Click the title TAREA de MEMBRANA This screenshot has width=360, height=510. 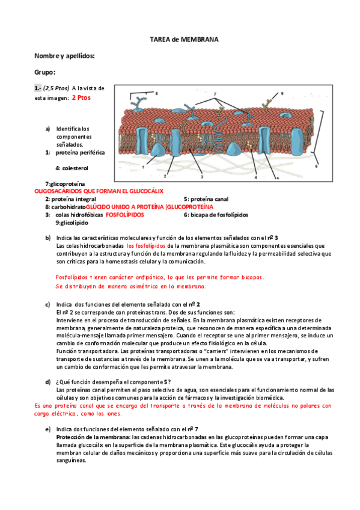pos(184,40)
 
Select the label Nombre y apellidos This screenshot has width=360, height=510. pos(64,56)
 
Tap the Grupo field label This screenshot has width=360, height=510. pos(45,72)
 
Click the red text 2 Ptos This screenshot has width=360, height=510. pos(81,97)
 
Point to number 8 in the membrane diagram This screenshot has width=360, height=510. pos(157,94)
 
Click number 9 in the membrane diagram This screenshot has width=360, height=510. pos(282,94)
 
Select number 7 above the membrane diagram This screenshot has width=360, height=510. pos(215,94)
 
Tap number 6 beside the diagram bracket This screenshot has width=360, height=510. pos(316,166)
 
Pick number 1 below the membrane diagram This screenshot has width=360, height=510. pos(143,167)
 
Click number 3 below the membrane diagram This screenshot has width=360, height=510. pos(202,177)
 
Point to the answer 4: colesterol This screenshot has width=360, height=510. pos(72,168)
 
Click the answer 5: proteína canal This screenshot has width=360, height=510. pos(206,199)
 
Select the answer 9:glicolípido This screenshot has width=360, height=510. pos(72,223)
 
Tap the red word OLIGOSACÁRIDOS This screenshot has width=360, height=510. pos(58,191)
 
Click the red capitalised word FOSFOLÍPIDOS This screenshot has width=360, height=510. pos(125,215)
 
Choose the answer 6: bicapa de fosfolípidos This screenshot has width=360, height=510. pos(216,215)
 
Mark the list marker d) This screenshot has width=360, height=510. pos(47,382)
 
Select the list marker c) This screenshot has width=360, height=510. pos(47,305)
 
